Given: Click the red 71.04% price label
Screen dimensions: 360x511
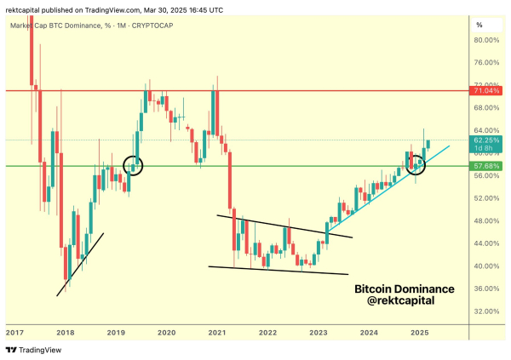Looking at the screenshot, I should tap(489, 89).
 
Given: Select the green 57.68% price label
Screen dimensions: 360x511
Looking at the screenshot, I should tap(489, 165).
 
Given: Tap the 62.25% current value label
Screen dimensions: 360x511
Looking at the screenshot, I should tap(489, 140).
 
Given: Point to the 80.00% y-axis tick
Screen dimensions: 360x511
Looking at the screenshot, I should tap(485, 40).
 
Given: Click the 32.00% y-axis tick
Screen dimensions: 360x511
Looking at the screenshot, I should tap(485, 311).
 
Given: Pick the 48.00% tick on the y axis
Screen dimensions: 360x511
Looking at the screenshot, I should tap(485, 220).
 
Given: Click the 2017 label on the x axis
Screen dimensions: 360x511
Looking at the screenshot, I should tap(14, 332).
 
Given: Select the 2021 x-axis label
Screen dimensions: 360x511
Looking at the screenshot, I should tap(217, 332).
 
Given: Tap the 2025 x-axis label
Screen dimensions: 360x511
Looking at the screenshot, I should tap(419, 332).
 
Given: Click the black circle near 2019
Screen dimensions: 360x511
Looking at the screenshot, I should tap(134, 165).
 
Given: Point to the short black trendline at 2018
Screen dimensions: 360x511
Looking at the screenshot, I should tap(80, 264).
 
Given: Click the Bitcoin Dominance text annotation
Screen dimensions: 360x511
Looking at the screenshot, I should tap(404, 289).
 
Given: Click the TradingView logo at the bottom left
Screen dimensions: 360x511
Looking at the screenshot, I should tap(27, 350).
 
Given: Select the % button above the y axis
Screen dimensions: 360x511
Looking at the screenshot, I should tap(479, 25).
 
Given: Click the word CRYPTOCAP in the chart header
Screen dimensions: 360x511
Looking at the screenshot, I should tap(163, 26).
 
